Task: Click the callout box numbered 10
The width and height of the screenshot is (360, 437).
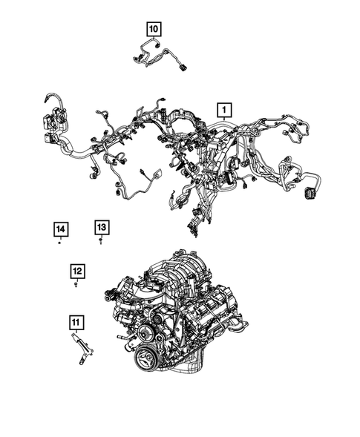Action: pos(154,29)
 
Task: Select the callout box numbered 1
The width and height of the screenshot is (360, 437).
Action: pos(222,111)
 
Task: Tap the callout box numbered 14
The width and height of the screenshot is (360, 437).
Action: pos(60,229)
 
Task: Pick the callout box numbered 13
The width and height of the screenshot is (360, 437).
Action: pos(101,227)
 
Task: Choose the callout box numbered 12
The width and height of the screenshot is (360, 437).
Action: pos(78,271)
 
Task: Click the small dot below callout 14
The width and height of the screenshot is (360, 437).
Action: pos(60,242)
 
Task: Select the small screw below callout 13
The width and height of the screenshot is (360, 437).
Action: pos(101,241)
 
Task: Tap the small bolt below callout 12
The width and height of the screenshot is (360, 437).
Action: pos(78,284)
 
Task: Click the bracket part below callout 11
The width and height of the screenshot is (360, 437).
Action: pos(77,349)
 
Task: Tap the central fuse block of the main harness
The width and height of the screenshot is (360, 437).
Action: pos(215,148)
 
